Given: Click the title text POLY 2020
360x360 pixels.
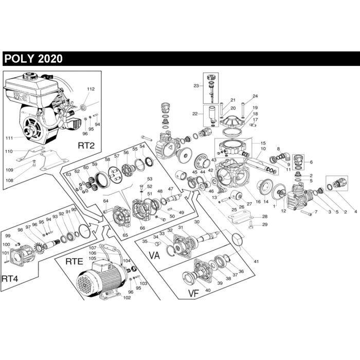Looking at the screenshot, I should coord(33,59).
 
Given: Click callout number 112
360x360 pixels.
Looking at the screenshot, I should coord(91,89).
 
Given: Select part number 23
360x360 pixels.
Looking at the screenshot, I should coord(196,86).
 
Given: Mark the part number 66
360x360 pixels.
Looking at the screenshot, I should coord(142,228).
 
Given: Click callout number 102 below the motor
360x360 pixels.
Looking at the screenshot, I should coord(127,298).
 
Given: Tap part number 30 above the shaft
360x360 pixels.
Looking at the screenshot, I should coord(196,222).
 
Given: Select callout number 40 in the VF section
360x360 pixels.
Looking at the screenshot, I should coord(208,291).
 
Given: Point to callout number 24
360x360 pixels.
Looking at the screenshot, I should coord(255,97).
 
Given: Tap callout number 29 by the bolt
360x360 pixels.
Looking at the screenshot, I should coord(265,224).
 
